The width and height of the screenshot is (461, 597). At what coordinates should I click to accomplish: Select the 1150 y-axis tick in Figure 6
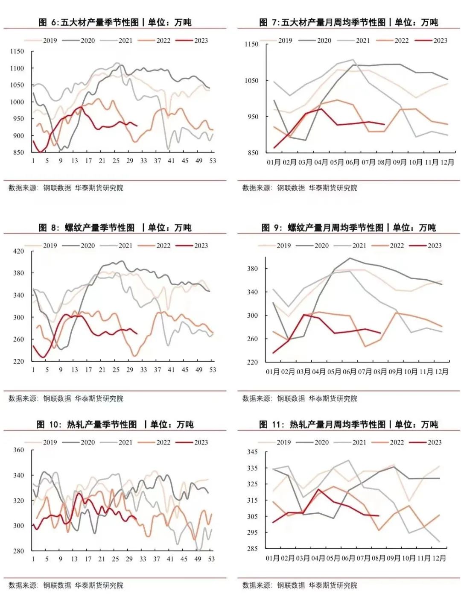tap(17, 51)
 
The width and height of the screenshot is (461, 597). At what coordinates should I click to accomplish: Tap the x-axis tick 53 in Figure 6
tap(213, 161)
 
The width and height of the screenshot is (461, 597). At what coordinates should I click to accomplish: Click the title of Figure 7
tap(348, 22)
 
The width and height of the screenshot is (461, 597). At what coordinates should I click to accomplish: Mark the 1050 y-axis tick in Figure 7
tap(251, 80)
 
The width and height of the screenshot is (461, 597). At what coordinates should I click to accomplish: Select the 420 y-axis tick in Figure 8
tap(19, 251)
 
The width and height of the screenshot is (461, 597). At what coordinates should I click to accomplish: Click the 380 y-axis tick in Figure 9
tap(252, 269)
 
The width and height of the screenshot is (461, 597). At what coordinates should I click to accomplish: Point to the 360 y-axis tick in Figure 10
tap(19, 450)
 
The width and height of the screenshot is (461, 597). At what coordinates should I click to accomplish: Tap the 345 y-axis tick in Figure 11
tap(252, 452)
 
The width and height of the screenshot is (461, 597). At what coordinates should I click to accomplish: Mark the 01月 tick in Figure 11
tap(273, 558)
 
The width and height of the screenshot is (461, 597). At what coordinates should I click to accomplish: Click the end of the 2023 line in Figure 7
tap(385, 124)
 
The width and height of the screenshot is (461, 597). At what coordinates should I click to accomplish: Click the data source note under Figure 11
tap(300, 585)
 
